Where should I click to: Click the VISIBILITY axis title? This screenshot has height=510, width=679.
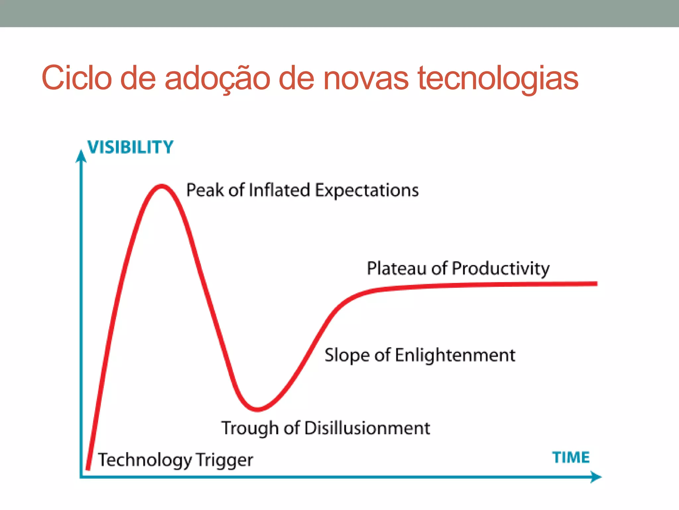tap(130, 147)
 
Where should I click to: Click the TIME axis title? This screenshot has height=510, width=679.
tap(571, 458)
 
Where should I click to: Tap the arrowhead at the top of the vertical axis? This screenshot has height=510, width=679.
tap(81, 156)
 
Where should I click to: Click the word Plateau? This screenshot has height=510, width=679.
tap(397, 268)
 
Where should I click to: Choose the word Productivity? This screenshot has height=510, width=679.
tap(500, 269)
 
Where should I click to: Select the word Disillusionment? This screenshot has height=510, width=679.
tap(367, 428)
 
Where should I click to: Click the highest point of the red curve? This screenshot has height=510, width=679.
tap(161, 186)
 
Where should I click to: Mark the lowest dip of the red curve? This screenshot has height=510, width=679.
tap(258, 409)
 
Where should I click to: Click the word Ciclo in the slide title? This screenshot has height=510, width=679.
tap(77, 78)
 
